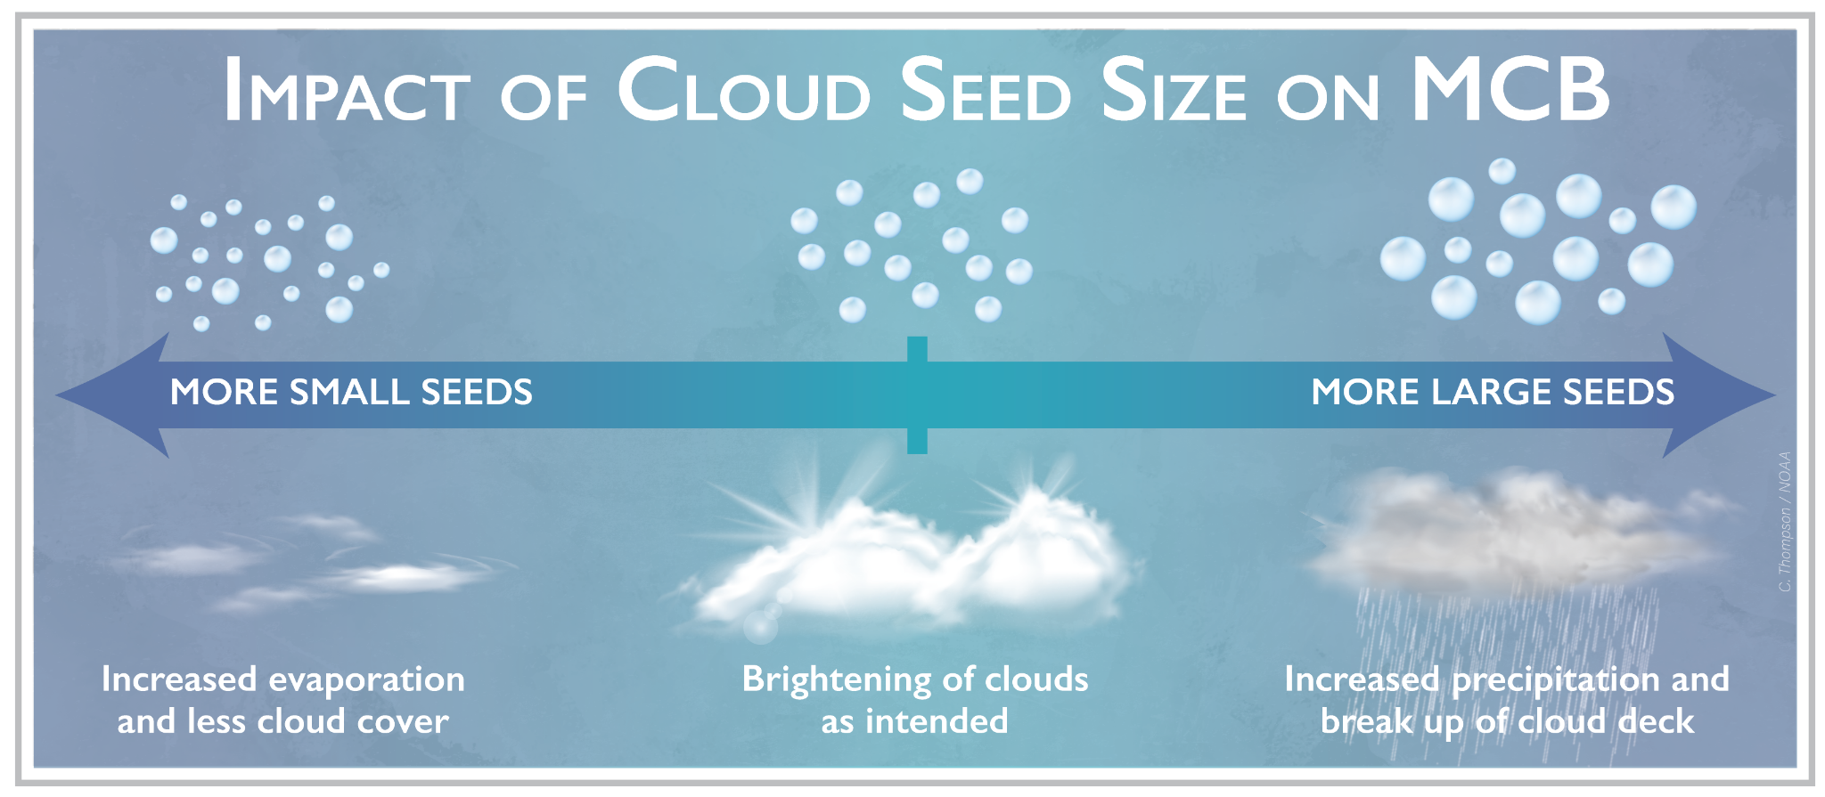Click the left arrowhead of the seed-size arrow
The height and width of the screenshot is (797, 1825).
(112, 394)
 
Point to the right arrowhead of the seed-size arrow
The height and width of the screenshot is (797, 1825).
(1719, 394)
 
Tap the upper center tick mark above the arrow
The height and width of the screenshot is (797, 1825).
(917, 349)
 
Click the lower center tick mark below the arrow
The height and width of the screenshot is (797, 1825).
(917, 441)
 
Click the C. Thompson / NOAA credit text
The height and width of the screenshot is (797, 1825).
(1784, 522)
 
